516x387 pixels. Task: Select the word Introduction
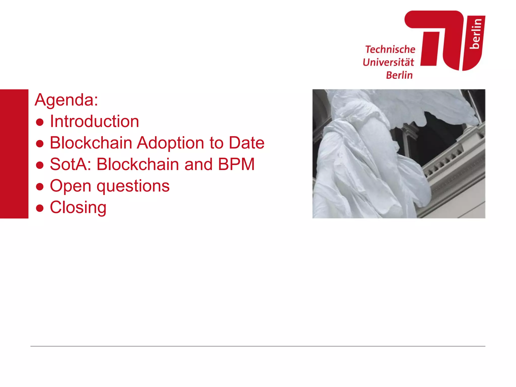point(94,121)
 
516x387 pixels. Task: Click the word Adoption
point(170,143)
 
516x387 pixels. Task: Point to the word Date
point(246,143)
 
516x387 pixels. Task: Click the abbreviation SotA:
point(70,165)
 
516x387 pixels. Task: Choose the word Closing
point(78,208)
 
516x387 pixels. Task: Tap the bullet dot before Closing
point(40,208)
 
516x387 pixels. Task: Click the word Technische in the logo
point(390,49)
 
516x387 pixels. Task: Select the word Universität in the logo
point(388,62)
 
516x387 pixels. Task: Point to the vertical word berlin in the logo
point(476,34)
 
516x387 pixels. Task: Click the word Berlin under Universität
point(399,75)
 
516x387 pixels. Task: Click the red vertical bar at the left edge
point(14,154)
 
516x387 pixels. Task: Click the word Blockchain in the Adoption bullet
point(91,143)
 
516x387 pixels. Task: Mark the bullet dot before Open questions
point(40,187)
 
